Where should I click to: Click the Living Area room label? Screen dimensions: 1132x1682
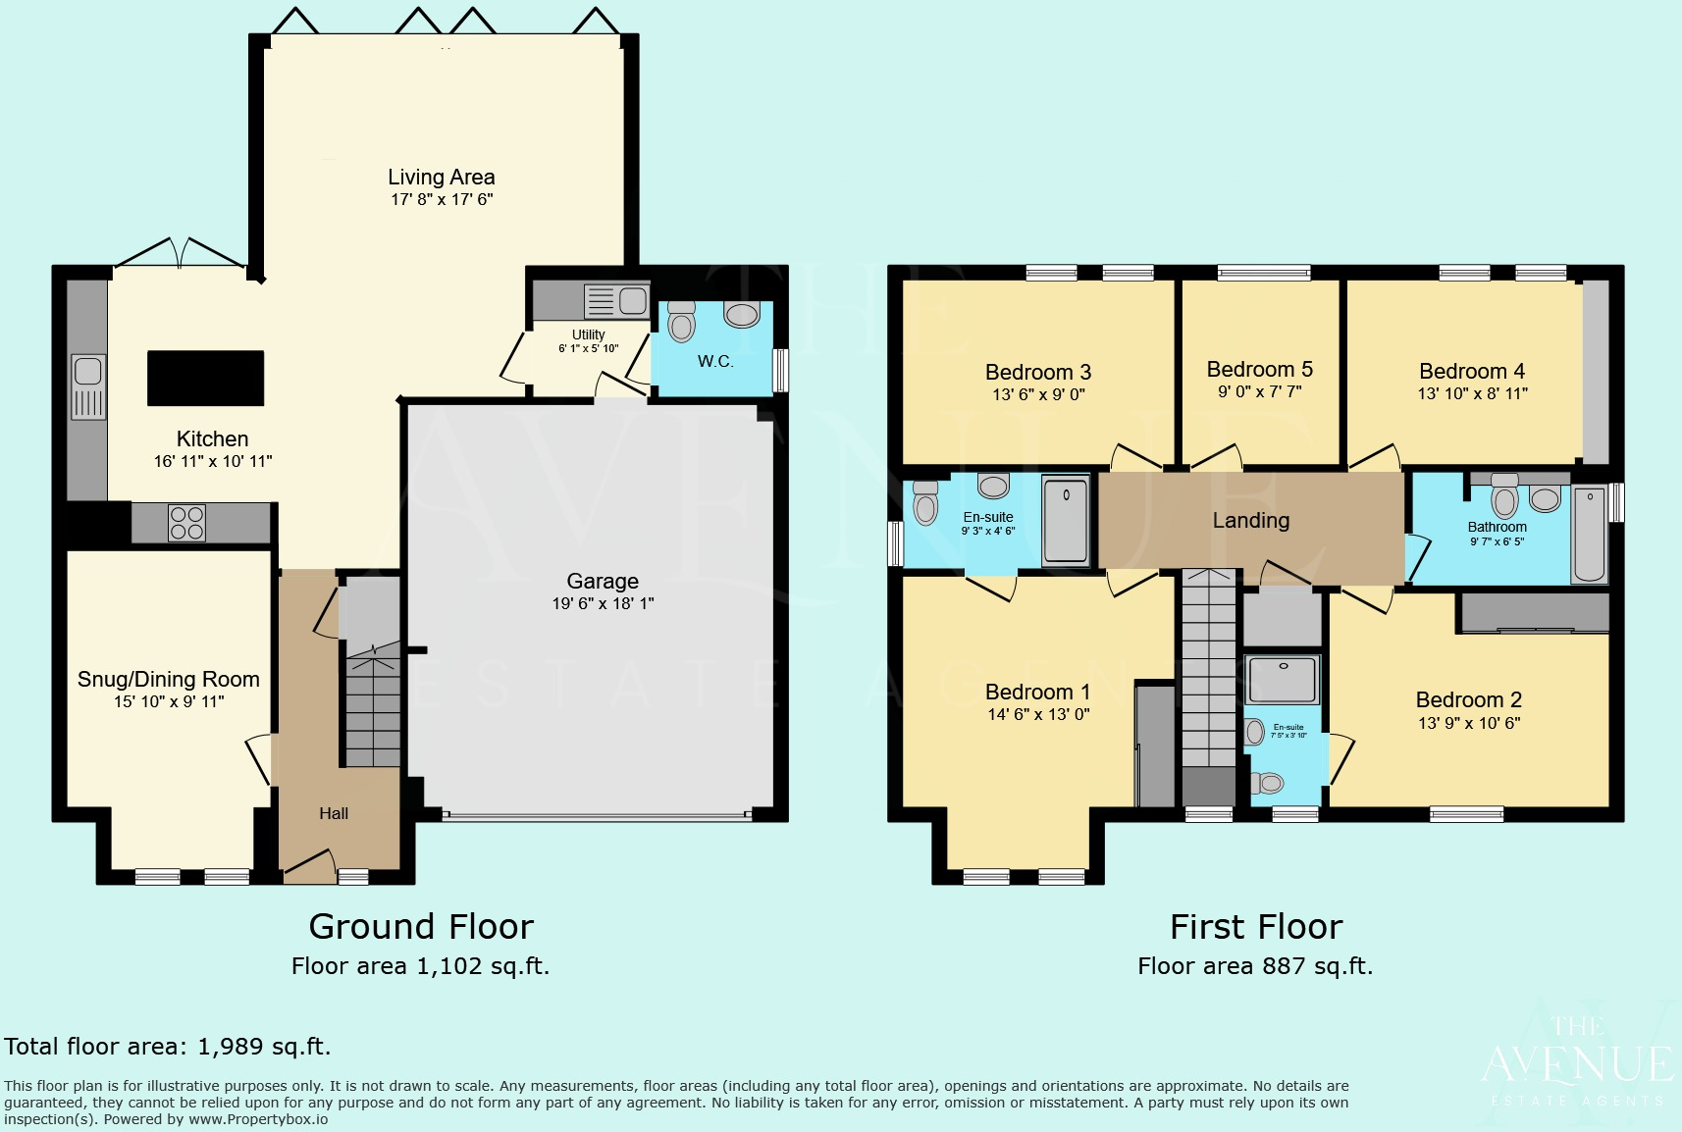click(441, 178)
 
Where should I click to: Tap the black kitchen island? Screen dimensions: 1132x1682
click(205, 379)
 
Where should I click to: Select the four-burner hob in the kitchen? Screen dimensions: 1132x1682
click(186, 523)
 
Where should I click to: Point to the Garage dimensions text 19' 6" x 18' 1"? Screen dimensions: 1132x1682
click(603, 603)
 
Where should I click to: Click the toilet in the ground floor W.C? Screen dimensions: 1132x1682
click(681, 321)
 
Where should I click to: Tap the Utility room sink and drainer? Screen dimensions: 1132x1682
click(616, 300)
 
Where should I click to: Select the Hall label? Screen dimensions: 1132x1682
click(334, 813)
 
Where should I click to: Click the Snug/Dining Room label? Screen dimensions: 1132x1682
click(169, 679)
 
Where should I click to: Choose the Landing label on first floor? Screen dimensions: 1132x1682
click(1250, 521)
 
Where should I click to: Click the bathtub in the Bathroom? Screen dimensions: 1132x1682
click(1590, 535)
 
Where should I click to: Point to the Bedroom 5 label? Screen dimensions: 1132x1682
click(1259, 370)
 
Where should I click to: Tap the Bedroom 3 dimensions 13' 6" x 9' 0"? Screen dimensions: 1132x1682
click(1038, 394)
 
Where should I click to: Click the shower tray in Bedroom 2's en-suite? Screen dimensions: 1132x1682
click(1283, 679)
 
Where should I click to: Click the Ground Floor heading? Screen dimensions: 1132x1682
click(421, 926)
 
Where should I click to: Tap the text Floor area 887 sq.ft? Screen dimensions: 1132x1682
click(1255, 966)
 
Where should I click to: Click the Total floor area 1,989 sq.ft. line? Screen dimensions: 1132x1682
click(168, 1047)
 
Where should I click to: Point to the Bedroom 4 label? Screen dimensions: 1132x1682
click(1471, 371)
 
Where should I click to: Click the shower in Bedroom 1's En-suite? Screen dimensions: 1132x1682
click(1065, 520)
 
